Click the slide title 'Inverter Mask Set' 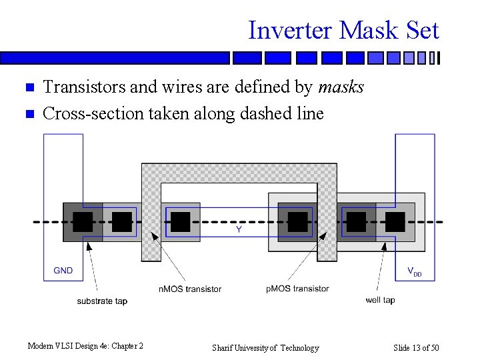[343, 30]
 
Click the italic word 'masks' [341, 87]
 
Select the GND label [63, 271]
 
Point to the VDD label [414, 271]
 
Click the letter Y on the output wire [239, 229]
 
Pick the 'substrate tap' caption [102, 301]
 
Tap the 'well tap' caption [380, 300]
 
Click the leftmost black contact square [83, 222]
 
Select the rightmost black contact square [395, 222]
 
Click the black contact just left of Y [180, 222]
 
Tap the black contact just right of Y [297, 222]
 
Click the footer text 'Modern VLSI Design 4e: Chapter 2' [85, 345]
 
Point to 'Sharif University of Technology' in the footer [265, 347]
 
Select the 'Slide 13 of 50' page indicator [415, 347]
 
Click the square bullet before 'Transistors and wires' [28, 88]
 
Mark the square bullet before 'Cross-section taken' [28, 114]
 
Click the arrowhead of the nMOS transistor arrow [153, 234]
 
